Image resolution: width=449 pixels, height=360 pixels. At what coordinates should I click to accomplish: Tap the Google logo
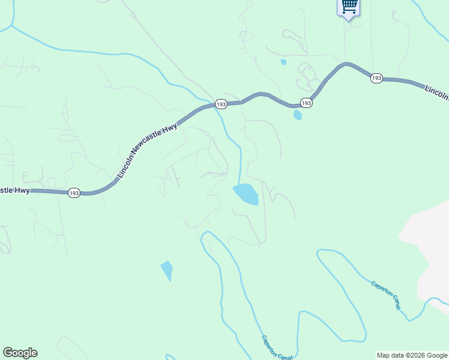point(20,353)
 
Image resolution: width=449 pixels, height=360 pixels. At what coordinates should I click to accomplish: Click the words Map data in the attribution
point(390,355)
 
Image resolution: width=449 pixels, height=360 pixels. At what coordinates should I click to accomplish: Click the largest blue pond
point(246,194)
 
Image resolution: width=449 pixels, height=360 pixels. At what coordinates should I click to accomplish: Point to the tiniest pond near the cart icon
point(283,62)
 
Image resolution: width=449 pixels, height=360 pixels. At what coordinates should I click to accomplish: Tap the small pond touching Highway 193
point(298,115)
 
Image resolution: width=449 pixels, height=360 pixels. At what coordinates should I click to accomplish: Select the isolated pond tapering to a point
point(167,269)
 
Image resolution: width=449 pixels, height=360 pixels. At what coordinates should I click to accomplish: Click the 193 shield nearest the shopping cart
point(376,79)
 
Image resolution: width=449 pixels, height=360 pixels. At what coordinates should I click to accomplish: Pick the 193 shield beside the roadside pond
point(306,103)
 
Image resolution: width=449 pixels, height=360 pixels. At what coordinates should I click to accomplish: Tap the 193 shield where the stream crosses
point(221,104)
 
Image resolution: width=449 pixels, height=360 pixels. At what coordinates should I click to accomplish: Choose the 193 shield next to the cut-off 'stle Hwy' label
point(74,193)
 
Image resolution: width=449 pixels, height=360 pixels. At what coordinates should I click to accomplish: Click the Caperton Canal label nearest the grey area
point(386,295)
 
